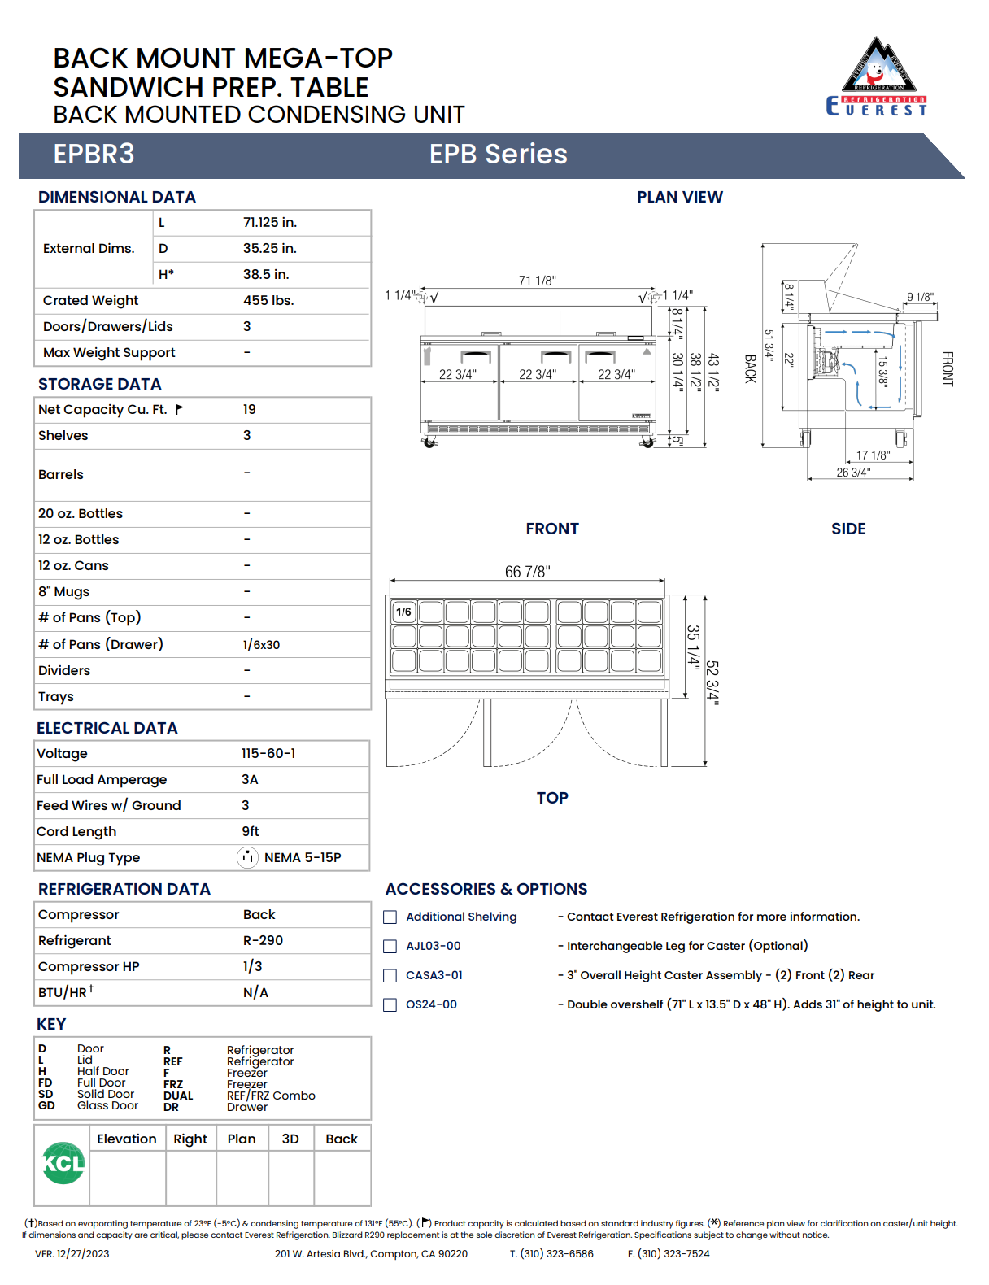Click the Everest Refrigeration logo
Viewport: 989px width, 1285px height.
877,77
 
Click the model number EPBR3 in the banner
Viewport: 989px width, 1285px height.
94,155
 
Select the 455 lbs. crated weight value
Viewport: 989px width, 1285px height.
268,301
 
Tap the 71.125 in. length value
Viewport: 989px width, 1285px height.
270,223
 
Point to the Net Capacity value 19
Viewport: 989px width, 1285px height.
249,410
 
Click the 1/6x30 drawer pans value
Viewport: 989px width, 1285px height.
261,645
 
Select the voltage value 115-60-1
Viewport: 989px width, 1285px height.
268,754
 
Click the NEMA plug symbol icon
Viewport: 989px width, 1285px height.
247,857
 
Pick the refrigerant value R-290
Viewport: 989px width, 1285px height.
263,941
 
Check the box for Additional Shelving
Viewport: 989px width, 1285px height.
390,917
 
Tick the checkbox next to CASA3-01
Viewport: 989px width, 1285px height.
390,976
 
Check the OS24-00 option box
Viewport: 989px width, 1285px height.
390,1005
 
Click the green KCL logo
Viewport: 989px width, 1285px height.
63,1164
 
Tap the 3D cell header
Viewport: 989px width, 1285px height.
290,1139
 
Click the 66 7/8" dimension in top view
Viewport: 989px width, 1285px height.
527,572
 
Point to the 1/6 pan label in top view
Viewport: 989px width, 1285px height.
403,612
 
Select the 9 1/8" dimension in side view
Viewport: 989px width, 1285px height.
920,298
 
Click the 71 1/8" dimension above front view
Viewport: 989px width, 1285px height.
537,281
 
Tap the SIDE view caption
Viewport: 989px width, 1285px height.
848,529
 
